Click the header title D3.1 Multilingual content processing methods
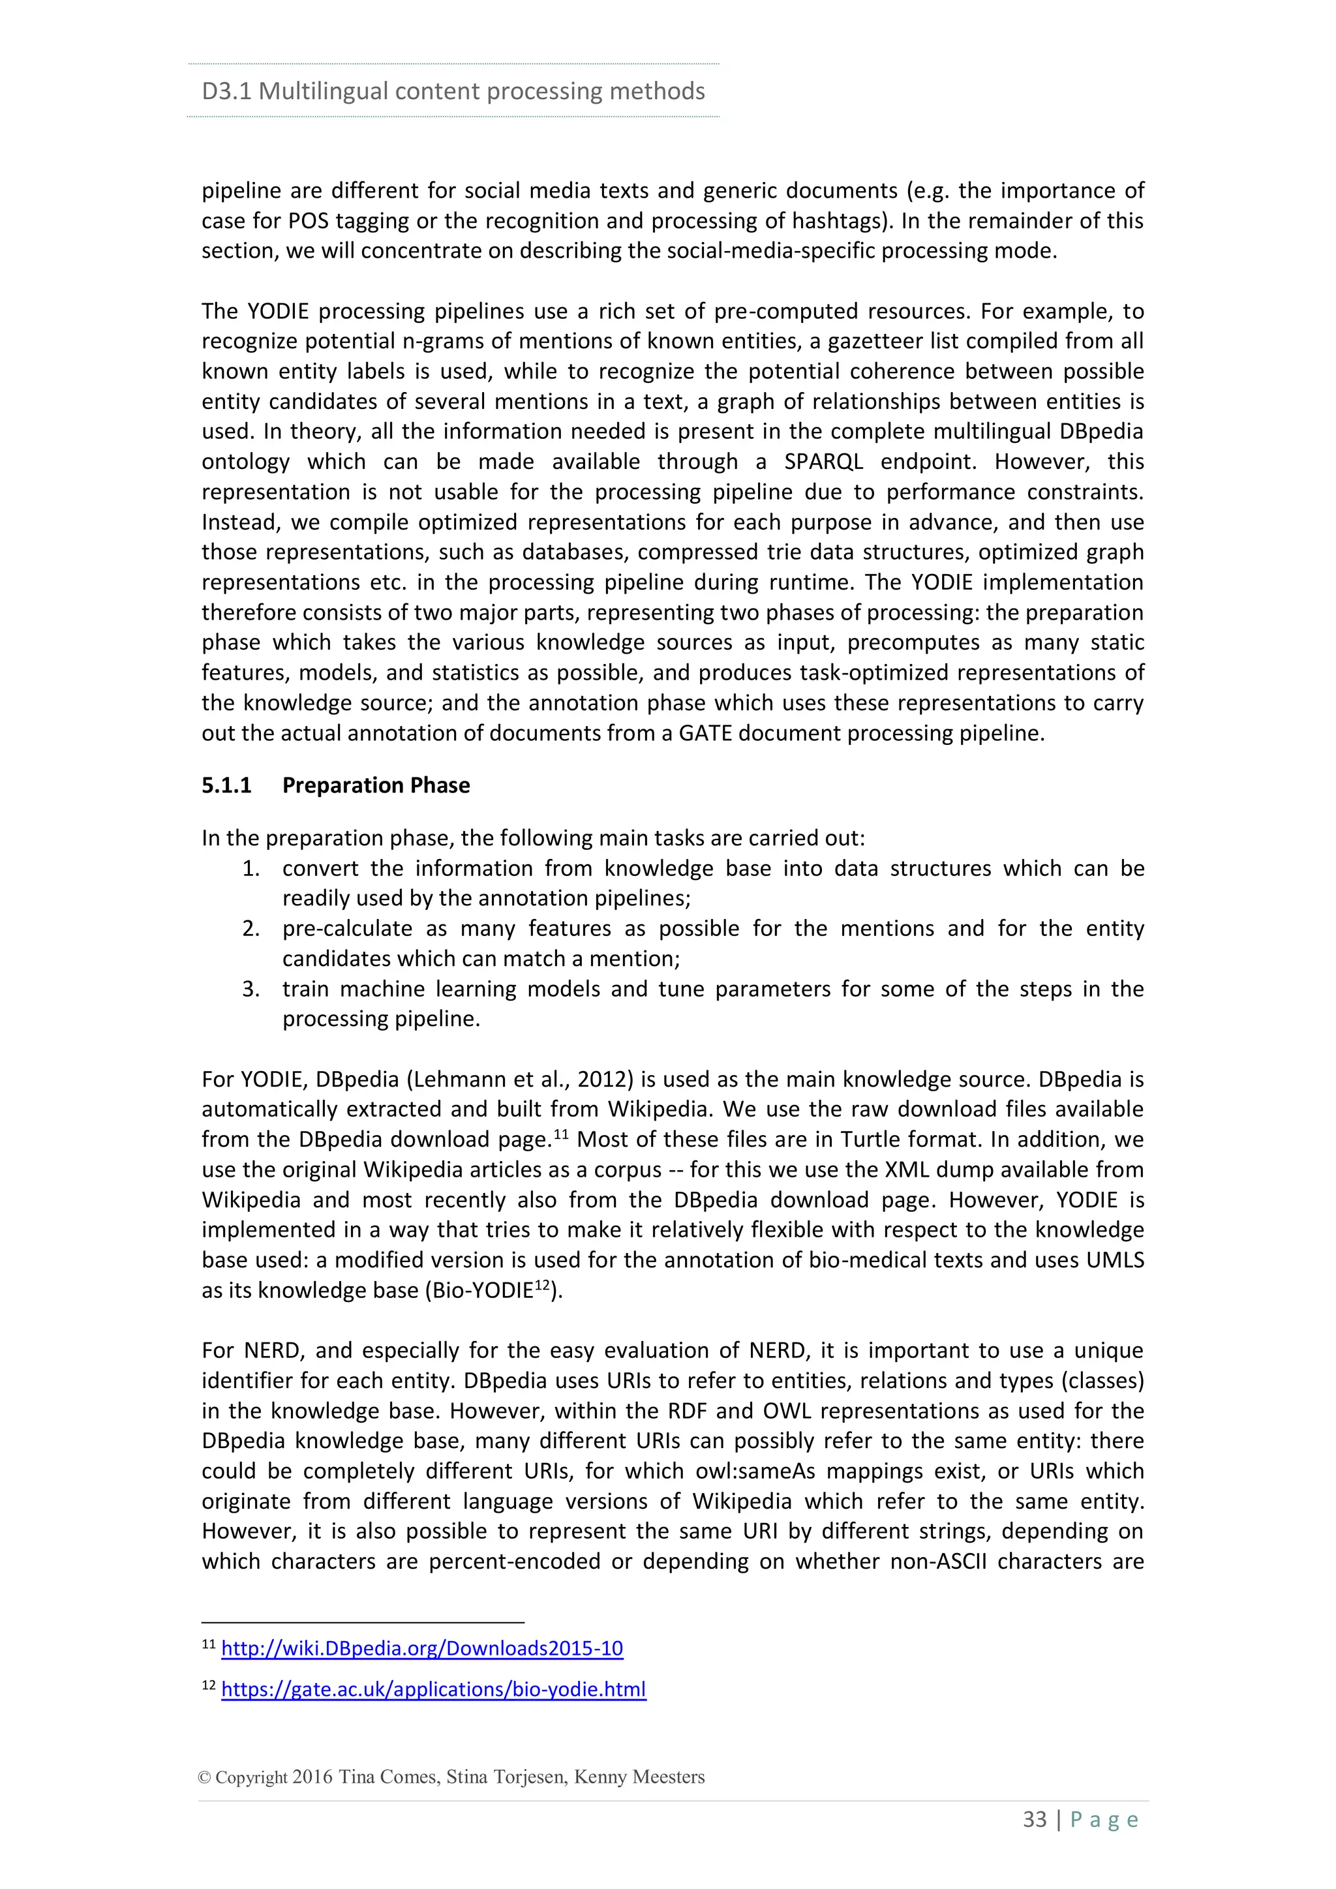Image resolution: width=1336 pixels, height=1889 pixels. point(453,91)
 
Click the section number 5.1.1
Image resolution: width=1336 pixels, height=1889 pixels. point(226,786)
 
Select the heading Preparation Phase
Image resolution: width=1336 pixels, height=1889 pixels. point(376,786)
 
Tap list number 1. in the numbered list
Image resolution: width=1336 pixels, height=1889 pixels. point(251,869)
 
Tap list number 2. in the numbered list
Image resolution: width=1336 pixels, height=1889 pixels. point(251,929)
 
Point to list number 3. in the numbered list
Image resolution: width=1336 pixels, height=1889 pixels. point(251,989)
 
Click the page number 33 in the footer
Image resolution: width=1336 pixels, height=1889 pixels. point(1034,1820)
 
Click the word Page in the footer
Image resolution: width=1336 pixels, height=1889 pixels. point(1104,1820)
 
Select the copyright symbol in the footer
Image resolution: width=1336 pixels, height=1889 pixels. point(204,1777)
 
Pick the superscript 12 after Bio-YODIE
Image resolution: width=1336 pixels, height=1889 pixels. point(541,1284)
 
